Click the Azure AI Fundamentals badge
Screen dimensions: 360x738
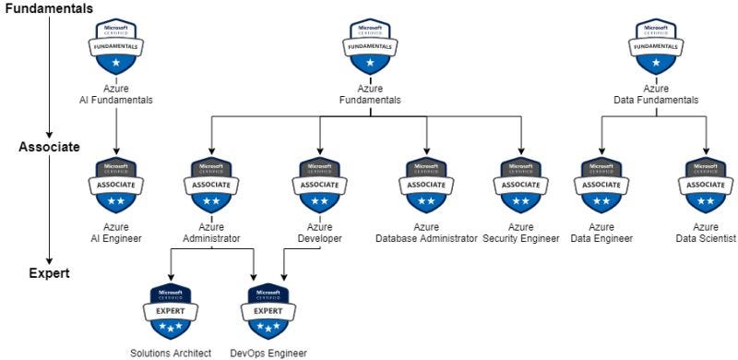(x=115, y=48)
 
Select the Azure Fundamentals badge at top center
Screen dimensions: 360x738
(x=370, y=48)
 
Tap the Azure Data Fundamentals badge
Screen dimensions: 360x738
(x=655, y=48)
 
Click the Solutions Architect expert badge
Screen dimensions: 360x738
(x=170, y=311)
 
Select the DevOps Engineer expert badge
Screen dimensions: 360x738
(x=268, y=311)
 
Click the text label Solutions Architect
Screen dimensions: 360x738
(x=170, y=353)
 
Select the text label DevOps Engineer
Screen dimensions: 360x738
(x=268, y=353)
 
